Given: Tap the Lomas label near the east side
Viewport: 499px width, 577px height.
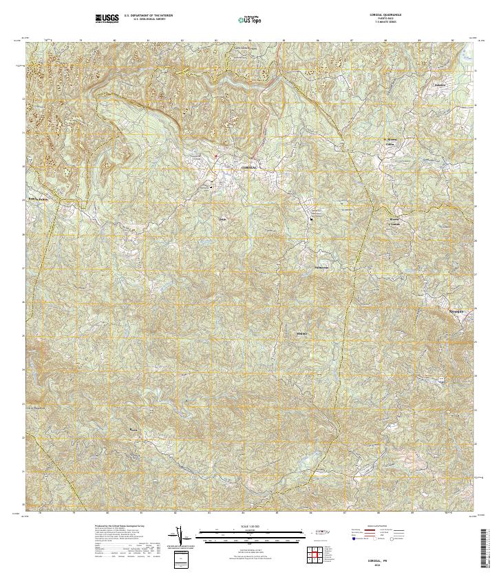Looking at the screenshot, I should (x=395, y=222).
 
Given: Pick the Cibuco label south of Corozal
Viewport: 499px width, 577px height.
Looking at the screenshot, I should (x=222, y=219).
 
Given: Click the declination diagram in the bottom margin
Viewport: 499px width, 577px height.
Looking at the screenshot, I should (x=181, y=536).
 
